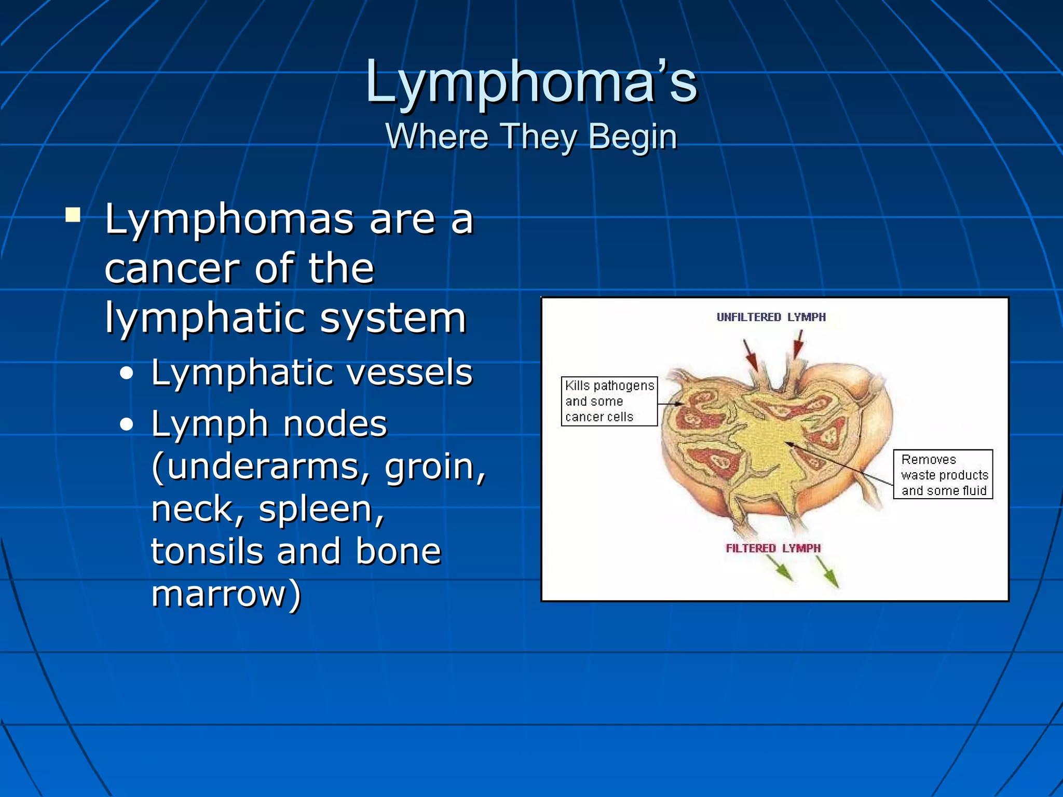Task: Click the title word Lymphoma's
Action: pyautogui.click(x=531, y=82)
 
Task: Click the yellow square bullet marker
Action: pyautogui.click(x=73, y=214)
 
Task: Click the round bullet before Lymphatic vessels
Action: pyautogui.click(x=126, y=374)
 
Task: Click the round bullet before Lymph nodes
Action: pyautogui.click(x=126, y=425)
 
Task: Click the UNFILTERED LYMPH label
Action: pyautogui.click(x=771, y=317)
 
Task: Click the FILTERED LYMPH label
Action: pyautogui.click(x=773, y=548)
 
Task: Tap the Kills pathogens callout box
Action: pyautogui.click(x=609, y=401)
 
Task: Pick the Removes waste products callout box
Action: pyautogui.click(x=943, y=474)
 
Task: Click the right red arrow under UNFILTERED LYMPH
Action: pyautogui.click(x=798, y=346)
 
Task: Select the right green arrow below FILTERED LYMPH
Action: pyautogui.click(x=827, y=572)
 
